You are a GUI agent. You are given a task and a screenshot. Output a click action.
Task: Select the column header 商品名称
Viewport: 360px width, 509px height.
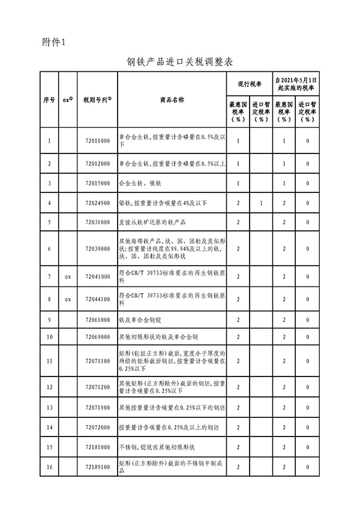coord(172,100)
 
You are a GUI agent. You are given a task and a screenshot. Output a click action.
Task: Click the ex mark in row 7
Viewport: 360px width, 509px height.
coord(68,276)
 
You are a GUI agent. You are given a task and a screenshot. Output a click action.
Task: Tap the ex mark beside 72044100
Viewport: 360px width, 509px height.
coord(68,299)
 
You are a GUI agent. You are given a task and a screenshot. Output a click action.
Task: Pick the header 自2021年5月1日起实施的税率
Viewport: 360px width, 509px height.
coord(295,83)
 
